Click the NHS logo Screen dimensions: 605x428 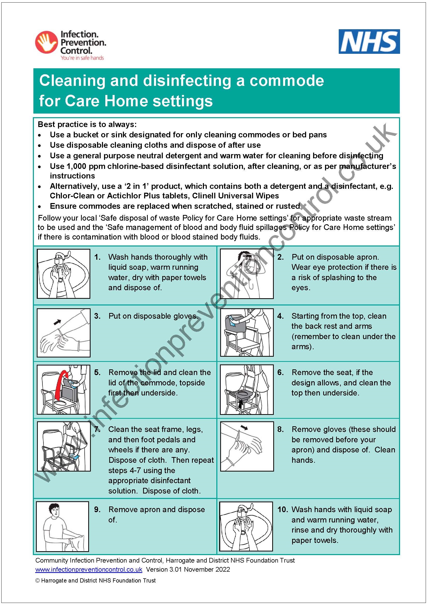(x=369, y=42)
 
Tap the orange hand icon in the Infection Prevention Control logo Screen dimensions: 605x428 (x=46, y=42)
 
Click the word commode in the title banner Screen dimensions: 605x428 (x=286, y=81)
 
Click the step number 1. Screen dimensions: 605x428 (x=97, y=257)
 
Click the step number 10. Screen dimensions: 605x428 (x=283, y=510)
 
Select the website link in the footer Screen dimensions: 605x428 (x=88, y=569)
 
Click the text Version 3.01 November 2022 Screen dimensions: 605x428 (x=188, y=569)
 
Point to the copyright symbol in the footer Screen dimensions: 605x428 (x=38, y=580)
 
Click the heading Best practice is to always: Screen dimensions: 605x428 (x=87, y=124)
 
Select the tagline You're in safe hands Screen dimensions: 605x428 (x=82, y=58)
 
